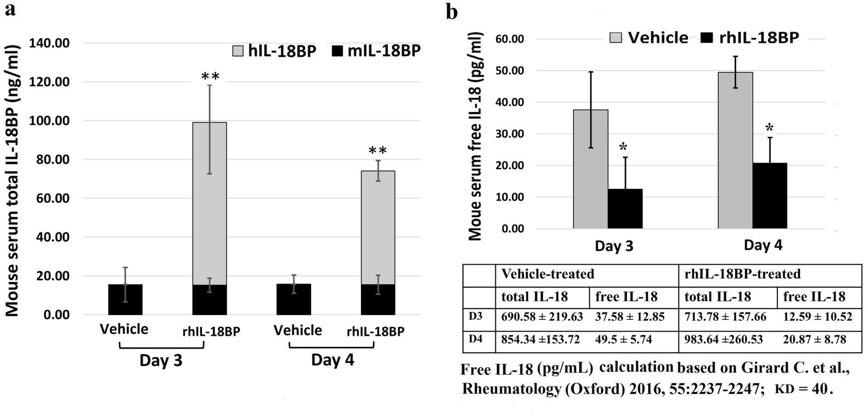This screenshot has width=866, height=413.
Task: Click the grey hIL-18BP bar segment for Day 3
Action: tap(209, 202)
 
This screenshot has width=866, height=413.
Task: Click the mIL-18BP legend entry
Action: tap(377, 51)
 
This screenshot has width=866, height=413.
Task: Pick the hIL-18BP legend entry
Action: tap(274, 51)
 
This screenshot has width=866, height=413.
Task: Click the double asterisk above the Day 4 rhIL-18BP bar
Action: tap(377, 151)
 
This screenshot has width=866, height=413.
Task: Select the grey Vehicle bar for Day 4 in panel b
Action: tap(735, 150)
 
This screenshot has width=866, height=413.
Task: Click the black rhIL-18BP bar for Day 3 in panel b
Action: tap(625, 209)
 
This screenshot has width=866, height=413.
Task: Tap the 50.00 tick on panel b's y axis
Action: tap(511, 71)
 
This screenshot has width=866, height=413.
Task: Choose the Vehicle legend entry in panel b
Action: tap(649, 38)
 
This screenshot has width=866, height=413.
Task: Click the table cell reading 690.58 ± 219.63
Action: tap(542, 317)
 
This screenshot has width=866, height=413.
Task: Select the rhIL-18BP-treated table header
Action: tap(742, 274)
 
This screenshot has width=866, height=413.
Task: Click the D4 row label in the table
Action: tap(476, 339)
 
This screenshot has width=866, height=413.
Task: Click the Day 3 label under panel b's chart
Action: tap(614, 246)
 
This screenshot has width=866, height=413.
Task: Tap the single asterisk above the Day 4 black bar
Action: tap(770, 128)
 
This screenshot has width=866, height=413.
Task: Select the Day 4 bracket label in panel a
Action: tap(332, 360)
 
